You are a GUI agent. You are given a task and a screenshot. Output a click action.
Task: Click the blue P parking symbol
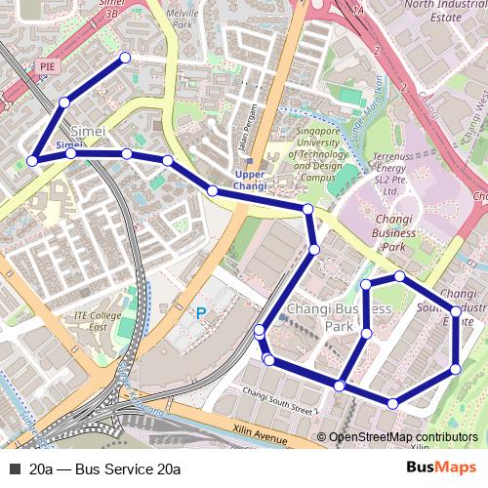coord(202,313)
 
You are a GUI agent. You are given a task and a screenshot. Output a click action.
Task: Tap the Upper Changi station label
coord(250,181)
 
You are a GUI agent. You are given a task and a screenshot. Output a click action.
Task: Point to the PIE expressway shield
coord(46,65)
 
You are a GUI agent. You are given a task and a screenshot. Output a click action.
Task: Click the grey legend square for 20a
coord(15,469)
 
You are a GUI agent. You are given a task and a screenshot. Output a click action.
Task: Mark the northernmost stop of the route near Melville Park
coord(125,59)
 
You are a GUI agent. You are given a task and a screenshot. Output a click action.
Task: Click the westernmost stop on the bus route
coord(32,161)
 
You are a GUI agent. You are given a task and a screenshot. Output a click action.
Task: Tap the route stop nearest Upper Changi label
coord(213,190)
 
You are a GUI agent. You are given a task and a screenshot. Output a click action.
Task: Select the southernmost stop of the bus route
coord(392,403)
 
